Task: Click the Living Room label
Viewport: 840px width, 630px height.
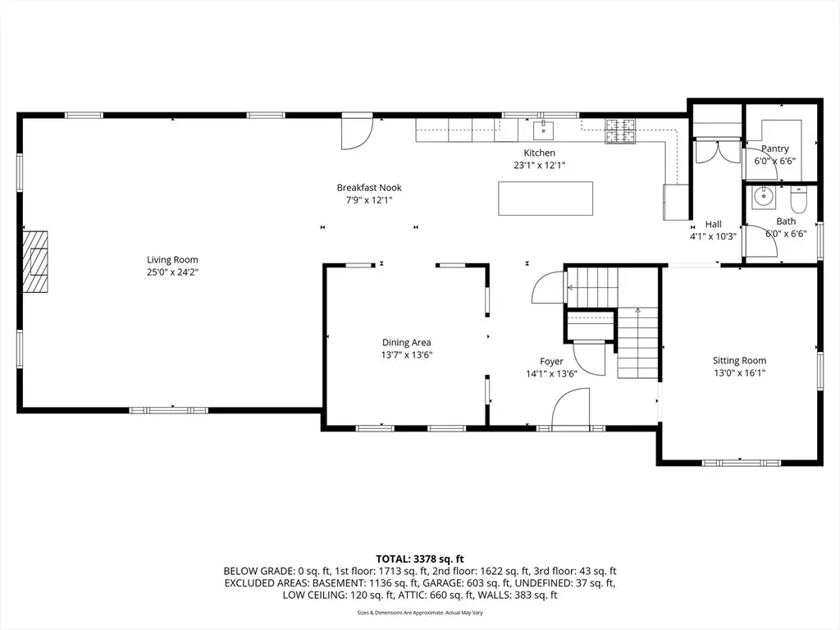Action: pos(172,260)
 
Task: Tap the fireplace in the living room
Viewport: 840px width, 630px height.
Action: pos(35,262)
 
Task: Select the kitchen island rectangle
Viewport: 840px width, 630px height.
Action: pos(546,199)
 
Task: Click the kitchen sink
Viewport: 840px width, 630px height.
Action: pos(543,130)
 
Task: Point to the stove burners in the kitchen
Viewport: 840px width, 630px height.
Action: pos(620,131)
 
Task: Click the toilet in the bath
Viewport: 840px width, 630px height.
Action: pos(798,200)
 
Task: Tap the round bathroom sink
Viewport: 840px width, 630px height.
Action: pos(762,197)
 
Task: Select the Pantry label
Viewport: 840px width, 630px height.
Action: pos(774,148)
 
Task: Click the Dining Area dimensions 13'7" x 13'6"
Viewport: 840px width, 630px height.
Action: pos(407,354)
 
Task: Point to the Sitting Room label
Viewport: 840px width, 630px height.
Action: pos(739,361)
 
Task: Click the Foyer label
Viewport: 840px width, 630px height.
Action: pos(551,361)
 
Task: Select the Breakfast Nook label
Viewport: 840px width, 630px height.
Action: pos(369,188)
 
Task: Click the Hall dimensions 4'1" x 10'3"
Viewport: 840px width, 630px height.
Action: pos(713,236)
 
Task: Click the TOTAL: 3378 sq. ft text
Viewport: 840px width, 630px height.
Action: pos(419,559)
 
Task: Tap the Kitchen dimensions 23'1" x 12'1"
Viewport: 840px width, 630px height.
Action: pos(540,166)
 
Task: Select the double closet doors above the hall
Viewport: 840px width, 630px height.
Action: pos(717,151)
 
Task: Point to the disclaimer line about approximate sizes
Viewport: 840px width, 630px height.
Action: pos(420,613)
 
